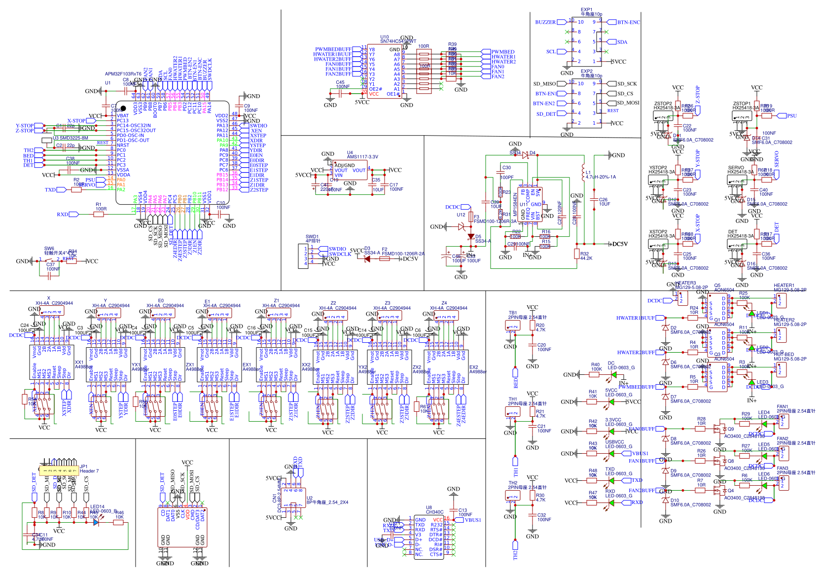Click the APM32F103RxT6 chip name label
[x=123, y=74]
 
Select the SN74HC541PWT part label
[x=398, y=41]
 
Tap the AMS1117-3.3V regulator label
[x=362, y=157]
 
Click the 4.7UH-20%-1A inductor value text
[x=601, y=177]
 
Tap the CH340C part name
[x=434, y=512]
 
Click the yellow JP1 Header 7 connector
[x=59, y=471]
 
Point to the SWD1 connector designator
[x=312, y=237]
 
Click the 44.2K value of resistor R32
[x=586, y=258]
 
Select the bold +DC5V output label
[x=618, y=244]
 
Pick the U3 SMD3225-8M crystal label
[x=71, y=138]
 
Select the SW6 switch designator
[x=49, y=249]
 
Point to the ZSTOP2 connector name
[x=663, y=104]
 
